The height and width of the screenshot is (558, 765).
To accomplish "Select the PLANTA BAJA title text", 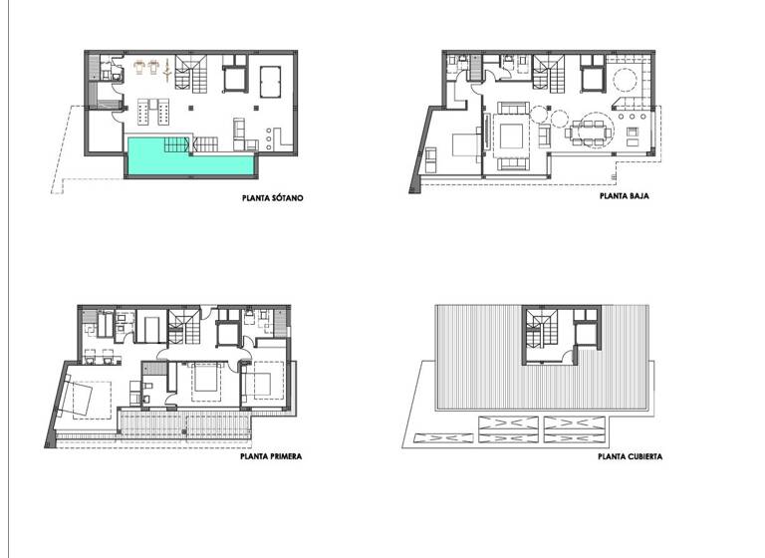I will (x=625, y=198).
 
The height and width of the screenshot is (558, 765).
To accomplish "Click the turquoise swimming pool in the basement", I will (x=189, y=158).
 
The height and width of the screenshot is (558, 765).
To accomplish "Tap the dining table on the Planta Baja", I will (x=587, y=131).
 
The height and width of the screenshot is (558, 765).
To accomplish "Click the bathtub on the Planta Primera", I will (x=151, y=329).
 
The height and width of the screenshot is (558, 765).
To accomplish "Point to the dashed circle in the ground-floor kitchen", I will (x=628, y=81).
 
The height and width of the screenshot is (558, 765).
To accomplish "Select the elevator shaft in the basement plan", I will (x=235, y=78).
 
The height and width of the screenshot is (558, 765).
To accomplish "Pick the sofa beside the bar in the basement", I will (x=240, y=131).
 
